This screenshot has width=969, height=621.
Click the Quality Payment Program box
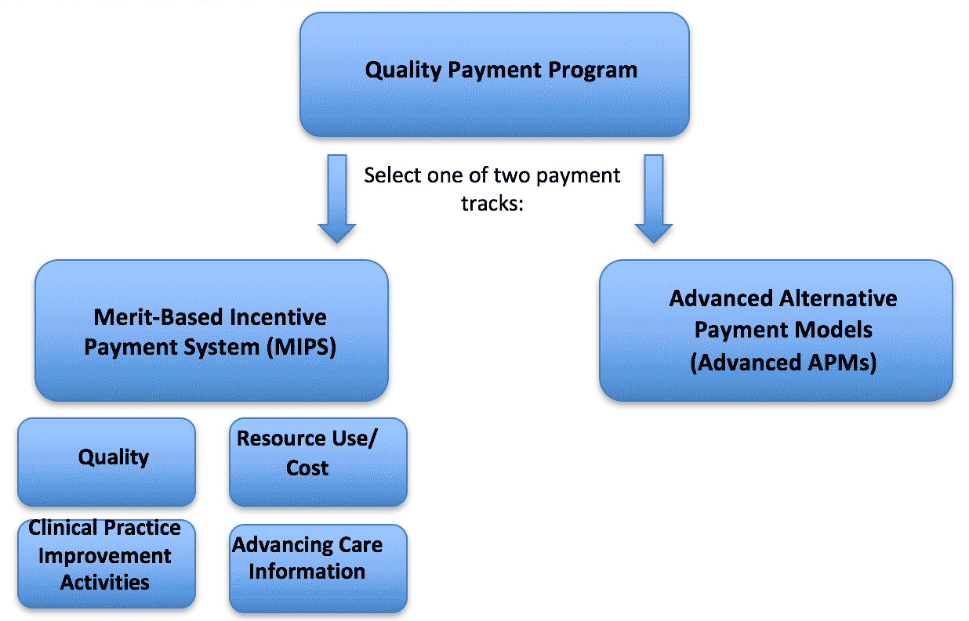[x=495, y=74]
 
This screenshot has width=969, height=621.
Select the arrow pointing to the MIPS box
[x=337, y=198]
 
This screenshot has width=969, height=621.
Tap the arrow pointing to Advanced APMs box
[x=654, y=198]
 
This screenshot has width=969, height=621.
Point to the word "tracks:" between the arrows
[x=492, y=203]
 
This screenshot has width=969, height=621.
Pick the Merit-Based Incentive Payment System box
[x=212, y=330]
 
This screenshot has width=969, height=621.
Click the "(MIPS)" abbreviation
[x=301, y=347]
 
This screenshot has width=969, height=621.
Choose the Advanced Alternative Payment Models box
[x=776, y=330]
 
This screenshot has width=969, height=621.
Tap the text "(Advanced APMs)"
[x=783, y=362]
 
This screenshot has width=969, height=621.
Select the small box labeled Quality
[x=107, y=461]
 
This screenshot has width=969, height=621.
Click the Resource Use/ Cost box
[x=318, y=461]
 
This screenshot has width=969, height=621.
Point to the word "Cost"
[x=307, y=468]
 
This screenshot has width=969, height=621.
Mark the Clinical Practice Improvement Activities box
[x=107, y=564]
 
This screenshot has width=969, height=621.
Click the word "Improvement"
[x=105, y=556]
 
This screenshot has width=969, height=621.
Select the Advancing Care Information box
[x=318, y=569]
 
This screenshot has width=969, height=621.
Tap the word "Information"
[x=307, y=572]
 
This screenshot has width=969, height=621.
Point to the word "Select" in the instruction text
[x=392, y=175]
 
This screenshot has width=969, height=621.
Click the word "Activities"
[x=105, y=583]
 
